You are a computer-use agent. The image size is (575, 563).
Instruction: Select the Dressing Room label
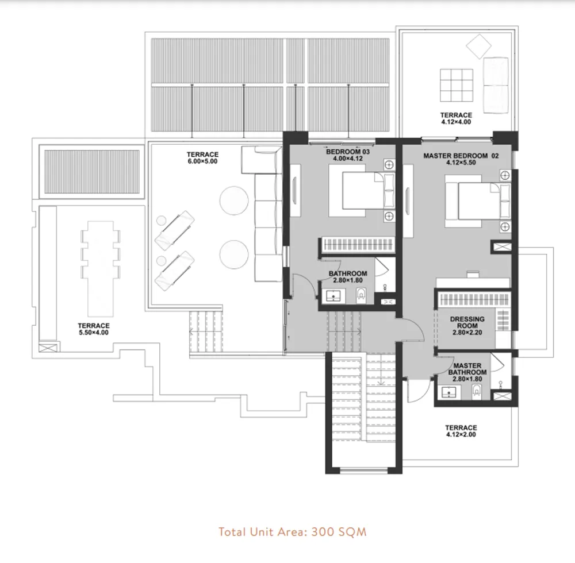coord(467,322)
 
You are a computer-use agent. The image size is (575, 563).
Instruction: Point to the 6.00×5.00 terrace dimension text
coord(202,163)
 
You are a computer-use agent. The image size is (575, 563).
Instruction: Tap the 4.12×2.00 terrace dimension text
coord(461,435)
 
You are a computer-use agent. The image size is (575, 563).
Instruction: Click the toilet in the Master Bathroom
coord(477,392)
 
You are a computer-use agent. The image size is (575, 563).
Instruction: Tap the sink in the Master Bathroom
coord(448,392)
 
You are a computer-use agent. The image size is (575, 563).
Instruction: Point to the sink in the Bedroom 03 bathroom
coord(332,296)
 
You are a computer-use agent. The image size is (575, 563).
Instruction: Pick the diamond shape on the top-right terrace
coord(477,44)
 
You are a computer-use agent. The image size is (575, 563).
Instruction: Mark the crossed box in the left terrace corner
coord(48,346)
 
